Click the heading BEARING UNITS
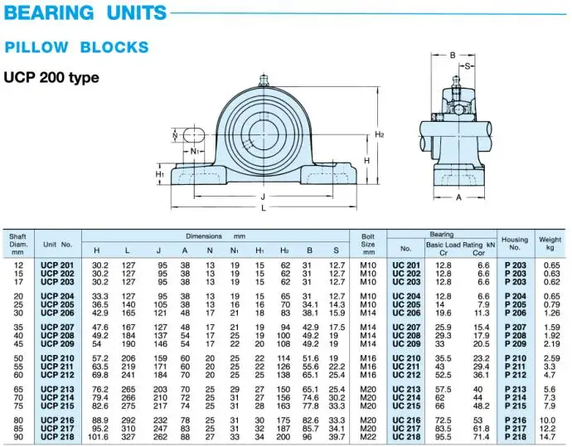point(86,13)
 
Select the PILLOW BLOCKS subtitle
point(77,47)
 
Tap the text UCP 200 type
point(51,78)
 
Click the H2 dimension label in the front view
point(380,134)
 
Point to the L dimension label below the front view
point(263,207)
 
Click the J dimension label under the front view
point(263,196)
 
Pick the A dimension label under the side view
point(458,197)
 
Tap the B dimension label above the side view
point(453,56)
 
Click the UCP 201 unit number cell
point(57,265)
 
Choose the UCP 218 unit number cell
point(57,436)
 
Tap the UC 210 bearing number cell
point(406,358)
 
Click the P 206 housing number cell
point(515,313)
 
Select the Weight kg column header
point(550,243)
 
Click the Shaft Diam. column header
point(18,244)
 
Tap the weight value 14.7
point(550,436)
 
